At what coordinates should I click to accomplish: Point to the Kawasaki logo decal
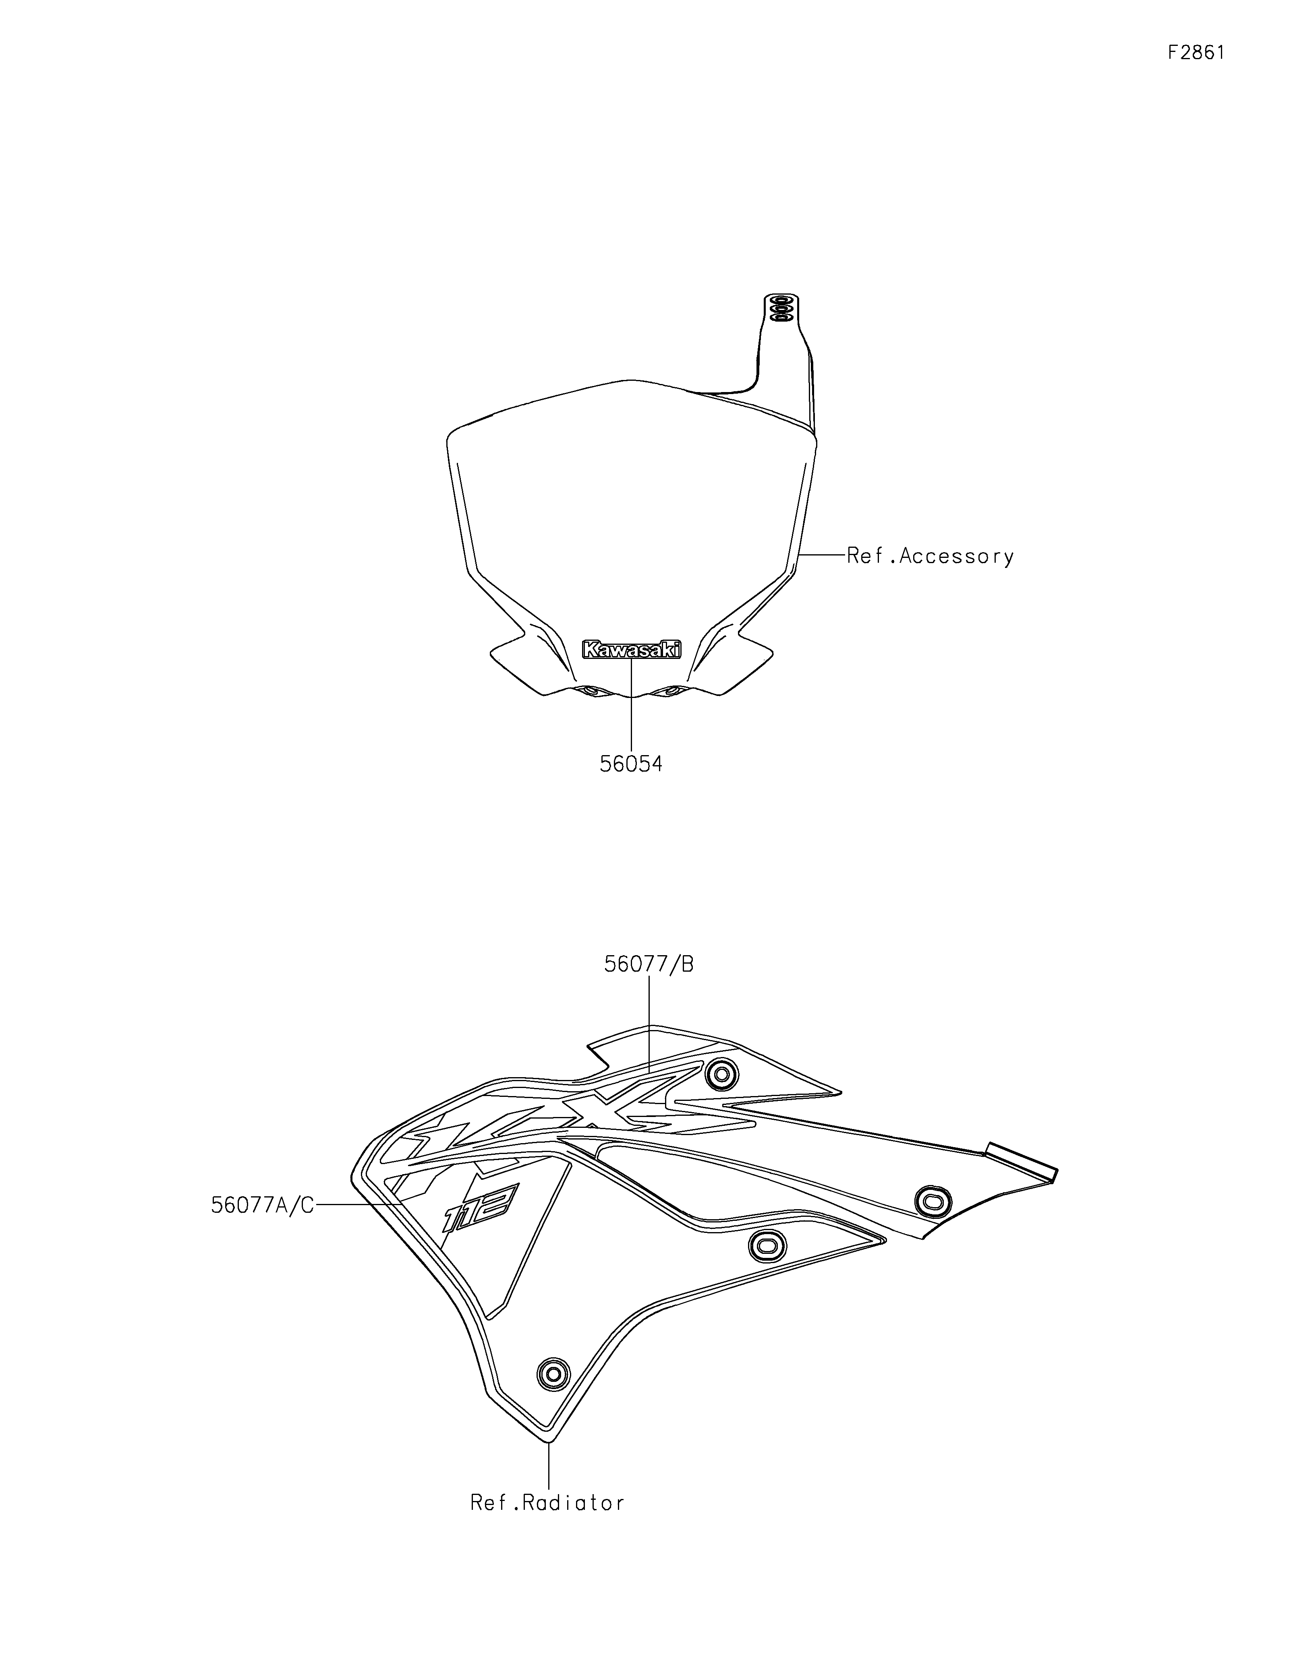tap(631, 649)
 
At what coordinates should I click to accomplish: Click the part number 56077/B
tap(649, 964)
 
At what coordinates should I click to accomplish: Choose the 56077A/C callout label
tap(262, 1205)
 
